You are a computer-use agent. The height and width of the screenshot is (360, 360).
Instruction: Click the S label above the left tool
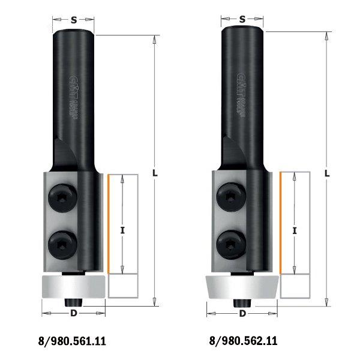point(73,19)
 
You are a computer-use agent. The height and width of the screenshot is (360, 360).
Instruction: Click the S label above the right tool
point(242,19)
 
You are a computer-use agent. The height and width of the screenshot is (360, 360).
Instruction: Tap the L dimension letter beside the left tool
point(155,173)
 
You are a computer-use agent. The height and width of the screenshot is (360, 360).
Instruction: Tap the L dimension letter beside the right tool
point(327,173)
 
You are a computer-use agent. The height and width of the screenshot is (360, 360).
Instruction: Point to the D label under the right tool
point(242,313)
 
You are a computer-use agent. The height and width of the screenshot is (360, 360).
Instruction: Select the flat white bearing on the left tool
point(71,287)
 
